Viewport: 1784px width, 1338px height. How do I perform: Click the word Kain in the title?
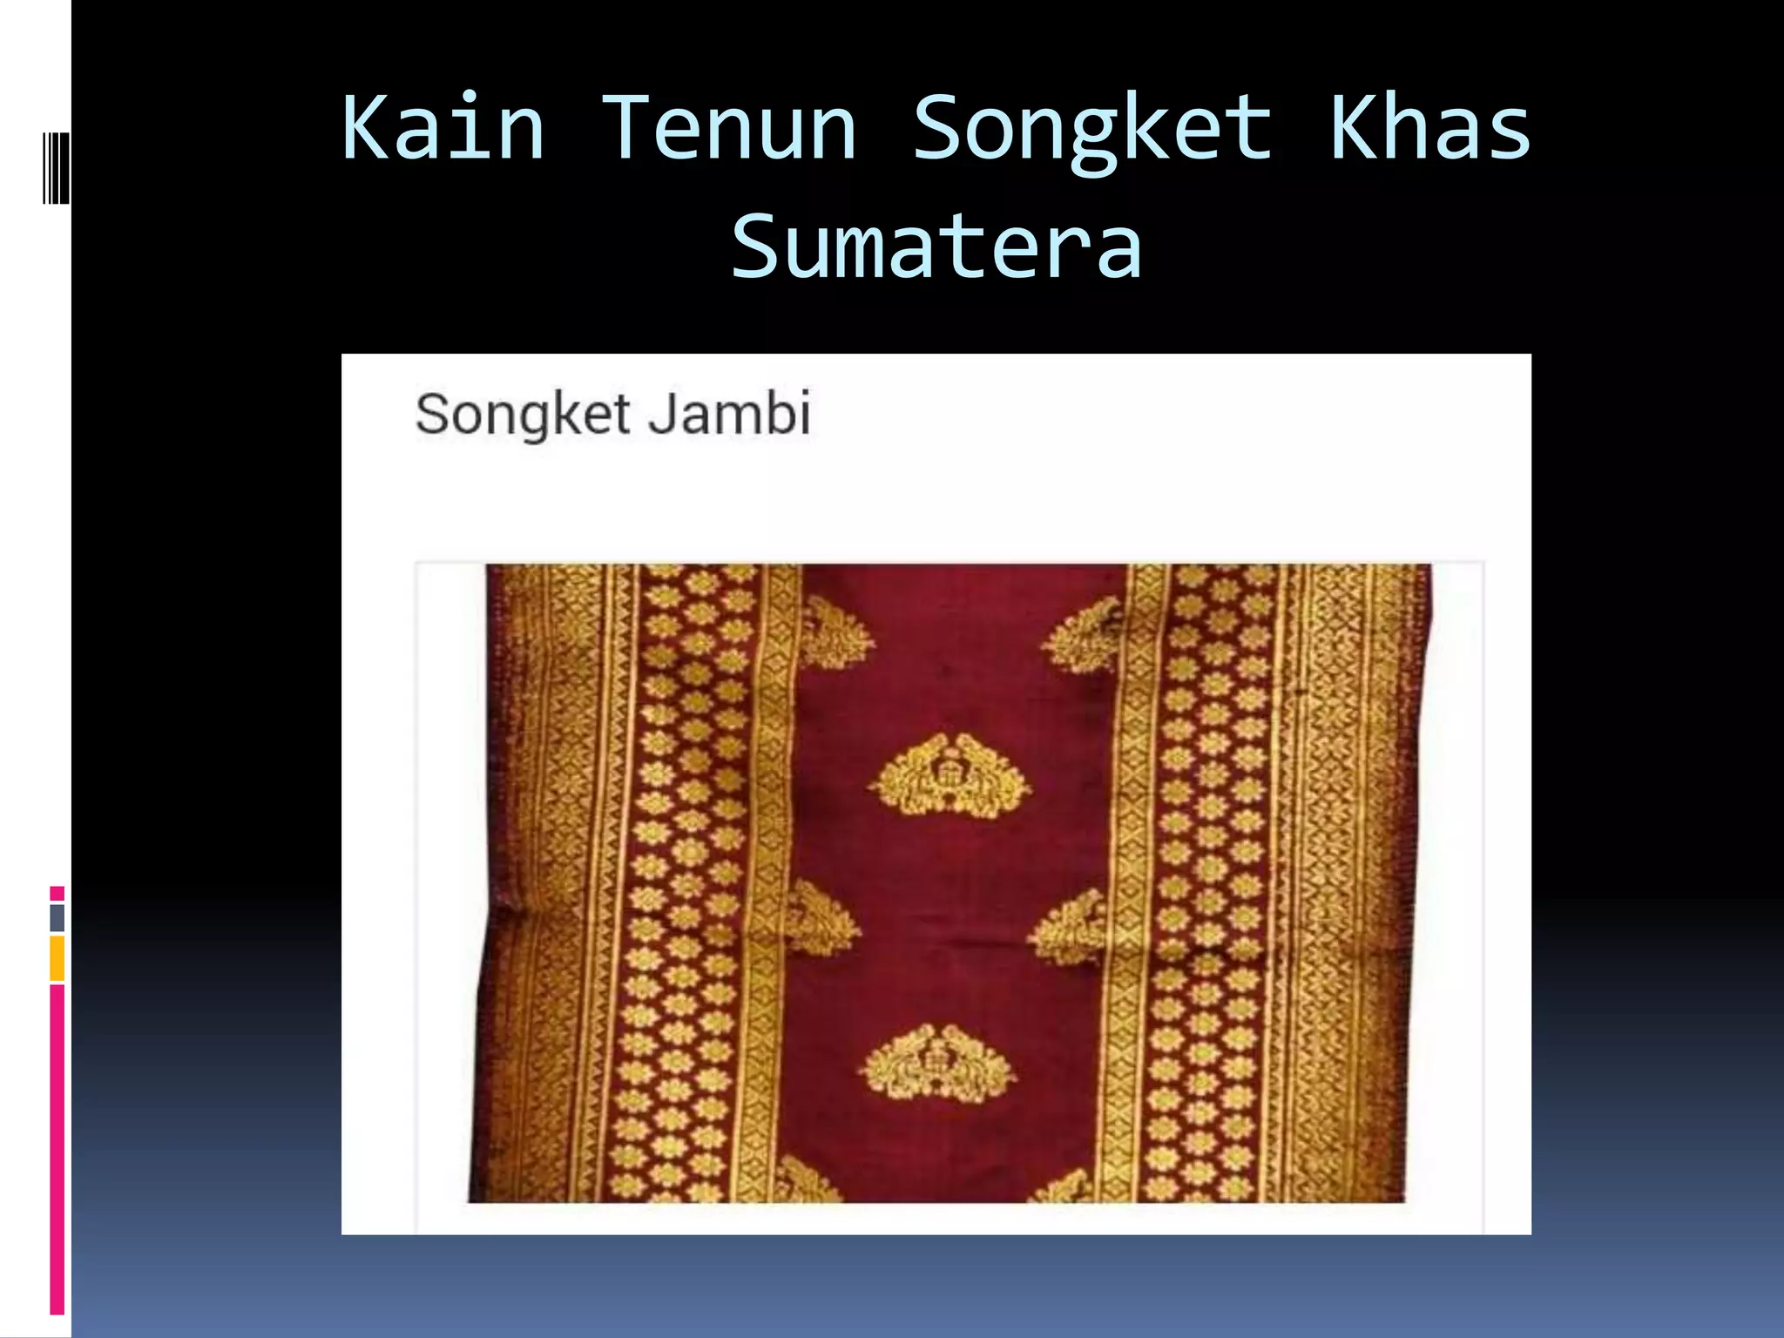pos(443,129)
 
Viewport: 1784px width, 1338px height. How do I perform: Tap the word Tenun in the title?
pos(729,129)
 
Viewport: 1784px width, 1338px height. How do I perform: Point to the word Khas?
pos(1429,129)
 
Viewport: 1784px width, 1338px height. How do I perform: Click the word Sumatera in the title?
pos(936,247)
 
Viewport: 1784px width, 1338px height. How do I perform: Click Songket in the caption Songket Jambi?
pos(523,416)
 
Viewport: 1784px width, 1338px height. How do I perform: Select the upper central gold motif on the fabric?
pos(949,774)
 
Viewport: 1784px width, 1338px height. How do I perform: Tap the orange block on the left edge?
pos(57,958)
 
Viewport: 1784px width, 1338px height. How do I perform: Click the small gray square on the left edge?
pos(57,917)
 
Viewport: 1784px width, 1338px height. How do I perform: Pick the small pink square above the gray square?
pos(57,894)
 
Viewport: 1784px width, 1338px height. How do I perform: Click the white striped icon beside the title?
pos(56,167)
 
